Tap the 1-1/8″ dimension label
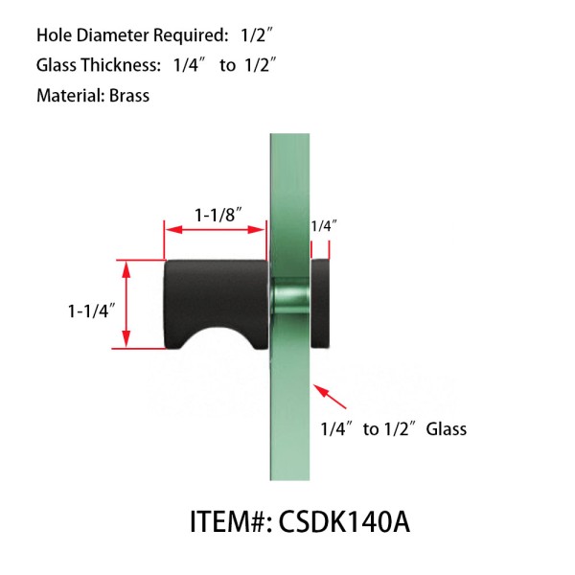tap(218, 216)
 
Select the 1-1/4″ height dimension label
tap(92, 310)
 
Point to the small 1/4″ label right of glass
tap(324, 226)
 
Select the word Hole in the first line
tap(55, 36)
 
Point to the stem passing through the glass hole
tap(290, 299)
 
